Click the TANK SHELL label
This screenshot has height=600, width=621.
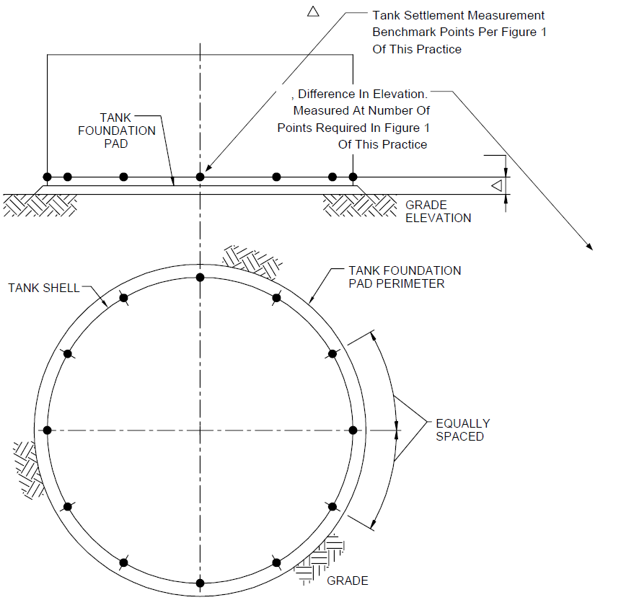click(x=44, y=288)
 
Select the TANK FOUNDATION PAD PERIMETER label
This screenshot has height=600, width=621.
click(x=405, y=277)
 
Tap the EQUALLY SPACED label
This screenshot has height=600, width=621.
click(x=462, y=430)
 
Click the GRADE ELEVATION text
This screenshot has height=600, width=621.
click(x=438, y=211)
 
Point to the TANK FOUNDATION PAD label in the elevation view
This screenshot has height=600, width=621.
click(x=116, y=131)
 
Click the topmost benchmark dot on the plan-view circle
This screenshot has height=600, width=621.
click(x=200, y=277)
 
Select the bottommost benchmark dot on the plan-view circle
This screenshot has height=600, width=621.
click(x=200, y=583)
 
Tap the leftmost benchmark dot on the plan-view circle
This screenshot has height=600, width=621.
click(x=47, y=430)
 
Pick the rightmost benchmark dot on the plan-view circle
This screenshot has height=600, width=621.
click(x=353, y=430)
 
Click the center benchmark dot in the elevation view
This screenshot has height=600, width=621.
click(x=200, y=177)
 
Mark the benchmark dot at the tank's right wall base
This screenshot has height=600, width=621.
click(x=353, y=177)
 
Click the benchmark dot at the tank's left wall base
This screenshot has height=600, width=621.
click(x=47, y=177)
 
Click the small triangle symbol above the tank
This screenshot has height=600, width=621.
click(x=313, y=12)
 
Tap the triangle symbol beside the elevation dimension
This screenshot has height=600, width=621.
click(x=497, y=185)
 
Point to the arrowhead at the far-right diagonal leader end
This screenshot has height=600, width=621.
click(x=590, y=247)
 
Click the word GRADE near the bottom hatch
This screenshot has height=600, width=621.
click(x=348, y=581)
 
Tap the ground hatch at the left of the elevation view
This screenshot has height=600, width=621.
click(x=40, y=206)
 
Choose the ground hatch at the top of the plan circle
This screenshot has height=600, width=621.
click(x=252, y=261)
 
